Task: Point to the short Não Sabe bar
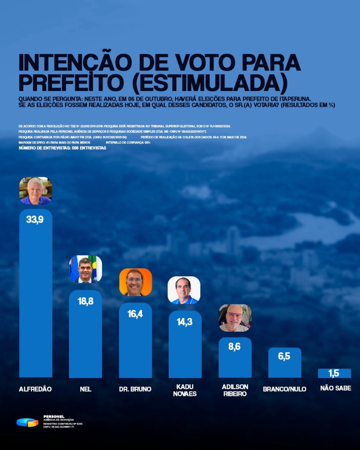334,373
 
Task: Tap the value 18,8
85,302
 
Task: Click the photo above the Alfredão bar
36,190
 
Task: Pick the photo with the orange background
135,282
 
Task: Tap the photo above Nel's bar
85,269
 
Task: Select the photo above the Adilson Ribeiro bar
235,318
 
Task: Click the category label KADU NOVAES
185,390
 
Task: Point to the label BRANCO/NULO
284,389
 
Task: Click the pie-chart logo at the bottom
27,422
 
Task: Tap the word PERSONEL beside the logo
54,416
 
